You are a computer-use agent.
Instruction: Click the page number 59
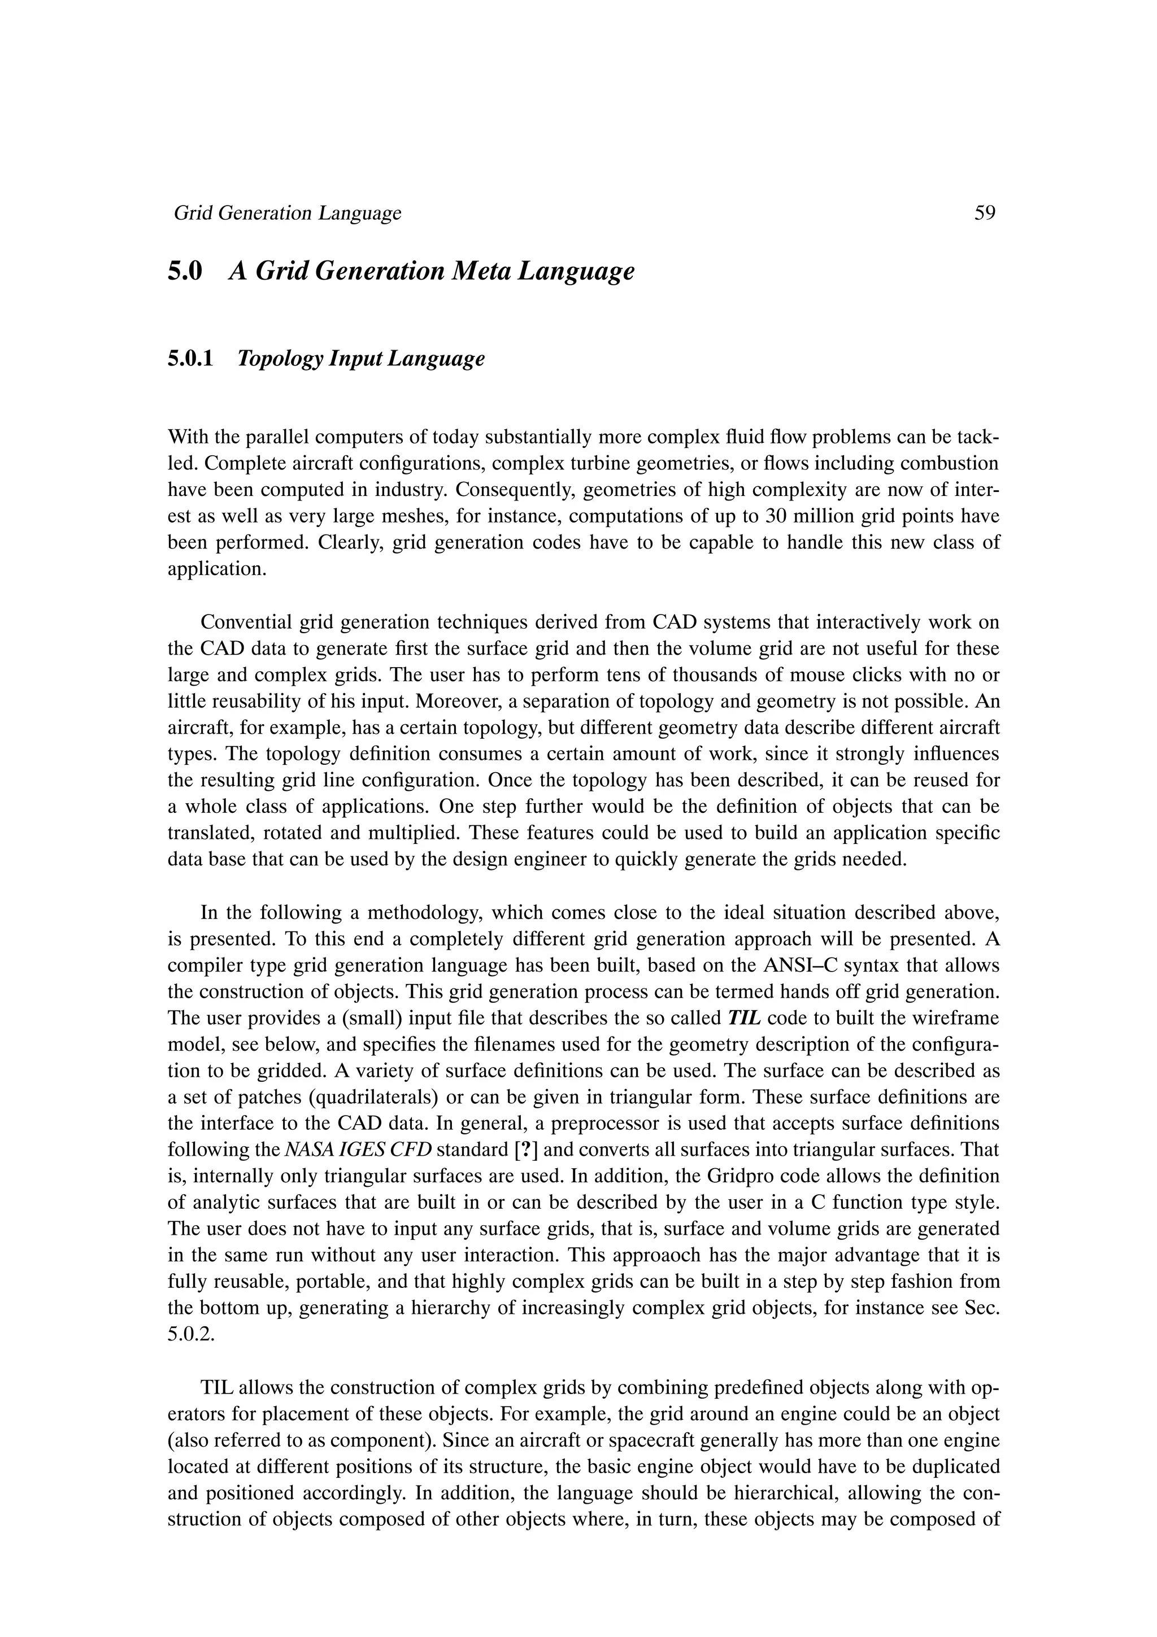coord(985,213)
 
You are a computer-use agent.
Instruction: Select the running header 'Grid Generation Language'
coord(288,213)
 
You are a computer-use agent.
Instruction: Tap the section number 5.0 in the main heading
coord(185,272)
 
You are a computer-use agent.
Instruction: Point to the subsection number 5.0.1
coord(190,359)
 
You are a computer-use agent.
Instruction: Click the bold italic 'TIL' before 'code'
coord(745,1018)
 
